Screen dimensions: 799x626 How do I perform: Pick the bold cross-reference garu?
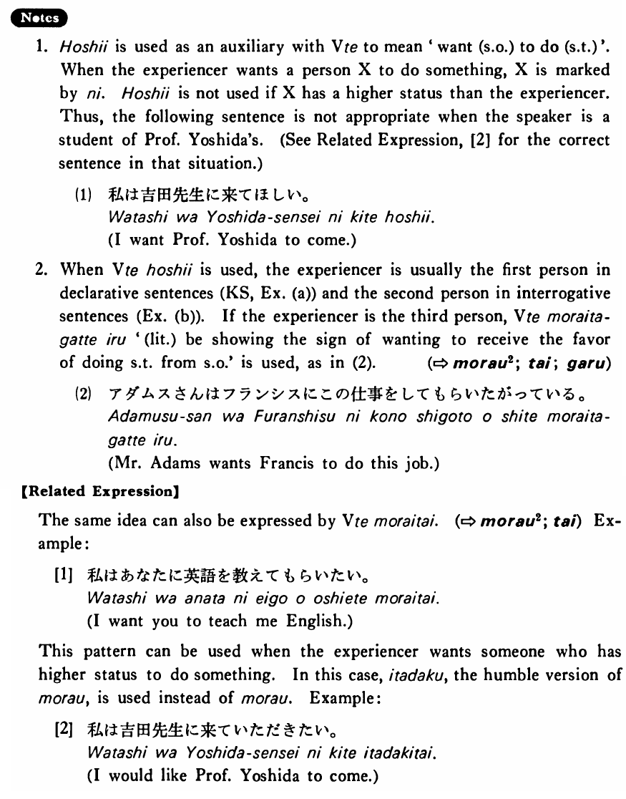[x=590, y=363]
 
